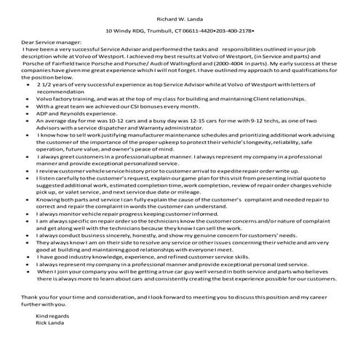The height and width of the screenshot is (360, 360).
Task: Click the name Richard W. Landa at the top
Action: pos(180,17)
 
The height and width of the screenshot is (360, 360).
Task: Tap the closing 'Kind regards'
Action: pos(51,337)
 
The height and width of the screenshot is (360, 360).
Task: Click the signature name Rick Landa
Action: pos(49,344)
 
